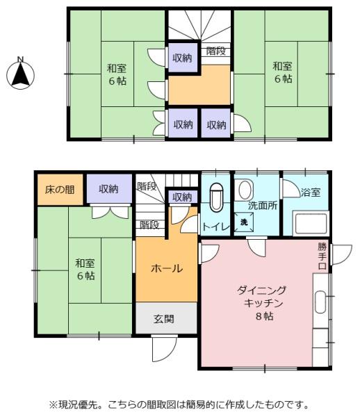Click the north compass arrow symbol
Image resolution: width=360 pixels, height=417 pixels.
tap(20, 74)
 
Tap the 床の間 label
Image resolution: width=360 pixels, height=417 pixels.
tap(60, 190)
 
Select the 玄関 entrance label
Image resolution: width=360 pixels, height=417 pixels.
tap(164, 319)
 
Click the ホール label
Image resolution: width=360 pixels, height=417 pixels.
tap(167, 268)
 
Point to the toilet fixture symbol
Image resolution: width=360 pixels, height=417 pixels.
tap(216, 197)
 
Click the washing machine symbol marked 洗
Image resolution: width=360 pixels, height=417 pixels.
tap(244, 222)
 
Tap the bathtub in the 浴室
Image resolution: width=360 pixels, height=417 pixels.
tap(310, 223)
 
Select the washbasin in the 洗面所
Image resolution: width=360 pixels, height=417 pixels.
tap(245, 190)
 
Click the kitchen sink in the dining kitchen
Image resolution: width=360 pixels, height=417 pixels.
tap(320, 302)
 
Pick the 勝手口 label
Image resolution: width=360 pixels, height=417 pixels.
tap(322, 256)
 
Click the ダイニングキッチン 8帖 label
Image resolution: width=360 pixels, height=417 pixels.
tap(263, 303)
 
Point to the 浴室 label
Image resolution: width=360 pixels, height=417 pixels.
tap(311, 192)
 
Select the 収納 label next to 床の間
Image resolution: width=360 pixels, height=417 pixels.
tap(108, 189)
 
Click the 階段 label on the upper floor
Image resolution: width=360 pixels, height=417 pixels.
tap(216, 51)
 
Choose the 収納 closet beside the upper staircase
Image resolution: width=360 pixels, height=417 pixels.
tap(183, 58)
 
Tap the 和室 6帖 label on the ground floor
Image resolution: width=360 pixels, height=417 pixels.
tap(85, 269)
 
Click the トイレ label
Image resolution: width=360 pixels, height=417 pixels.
tap(215, 227)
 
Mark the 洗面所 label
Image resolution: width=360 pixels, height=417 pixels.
tap(263, 206)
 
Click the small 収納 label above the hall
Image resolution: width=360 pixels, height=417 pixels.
tap(182, 197)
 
